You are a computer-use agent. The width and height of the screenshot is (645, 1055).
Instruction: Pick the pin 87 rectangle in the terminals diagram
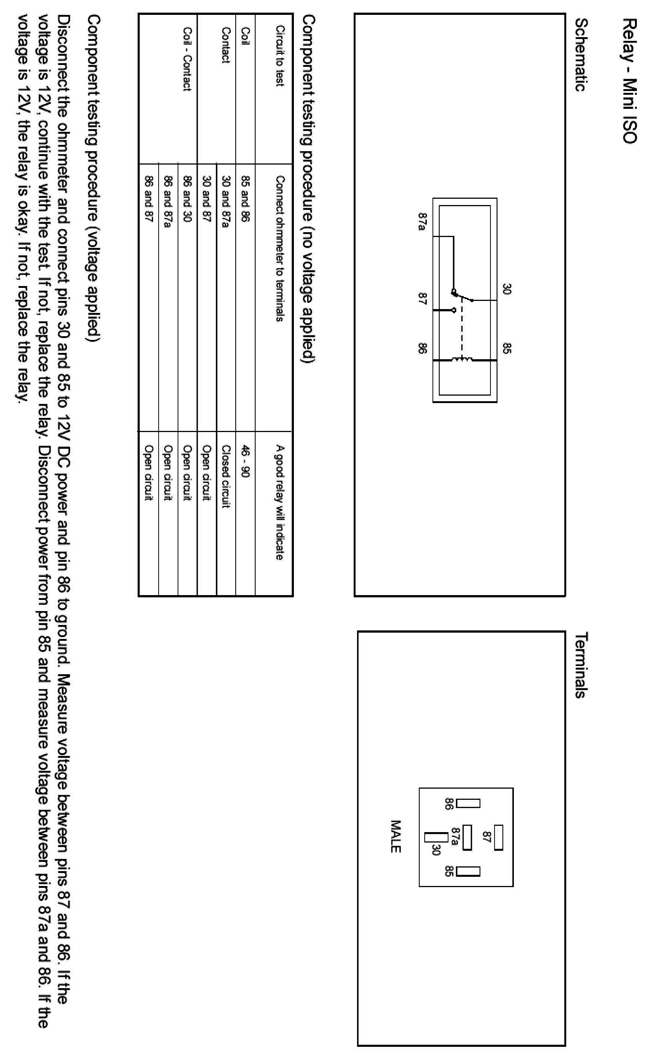[x=498, y=837]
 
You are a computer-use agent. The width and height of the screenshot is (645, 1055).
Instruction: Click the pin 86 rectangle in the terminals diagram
[x=468, y=803]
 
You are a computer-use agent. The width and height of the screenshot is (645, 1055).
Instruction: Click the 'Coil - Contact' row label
[x=187, y=59]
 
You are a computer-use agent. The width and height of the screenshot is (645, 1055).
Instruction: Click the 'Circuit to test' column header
[x=280, y=56]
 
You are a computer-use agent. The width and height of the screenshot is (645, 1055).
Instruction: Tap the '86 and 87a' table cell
[x=168, y=201]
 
